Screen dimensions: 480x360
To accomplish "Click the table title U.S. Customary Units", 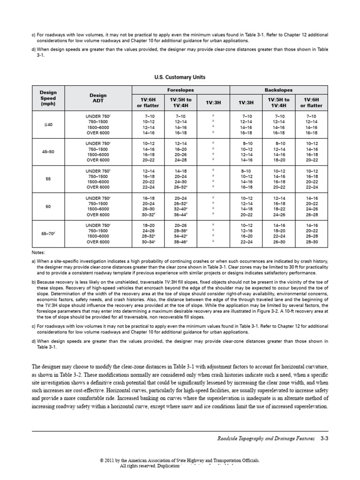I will (180, 77).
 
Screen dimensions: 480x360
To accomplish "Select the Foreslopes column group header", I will (181, 90).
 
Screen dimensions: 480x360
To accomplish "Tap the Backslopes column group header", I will (279, 90).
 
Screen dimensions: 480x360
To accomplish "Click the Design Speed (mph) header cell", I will (48, 98).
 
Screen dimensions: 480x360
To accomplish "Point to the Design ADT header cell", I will (98, 98).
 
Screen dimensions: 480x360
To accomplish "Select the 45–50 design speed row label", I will (48, 151).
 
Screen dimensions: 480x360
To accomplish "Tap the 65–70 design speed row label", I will (48, 233).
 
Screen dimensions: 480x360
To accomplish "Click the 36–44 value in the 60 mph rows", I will (180, 215).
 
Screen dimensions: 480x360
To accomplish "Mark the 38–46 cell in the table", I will (180, 242).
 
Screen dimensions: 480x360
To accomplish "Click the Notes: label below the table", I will (38, 252).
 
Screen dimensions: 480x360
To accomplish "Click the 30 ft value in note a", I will (281, 267).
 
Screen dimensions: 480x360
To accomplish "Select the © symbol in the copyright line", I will (102, 461).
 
